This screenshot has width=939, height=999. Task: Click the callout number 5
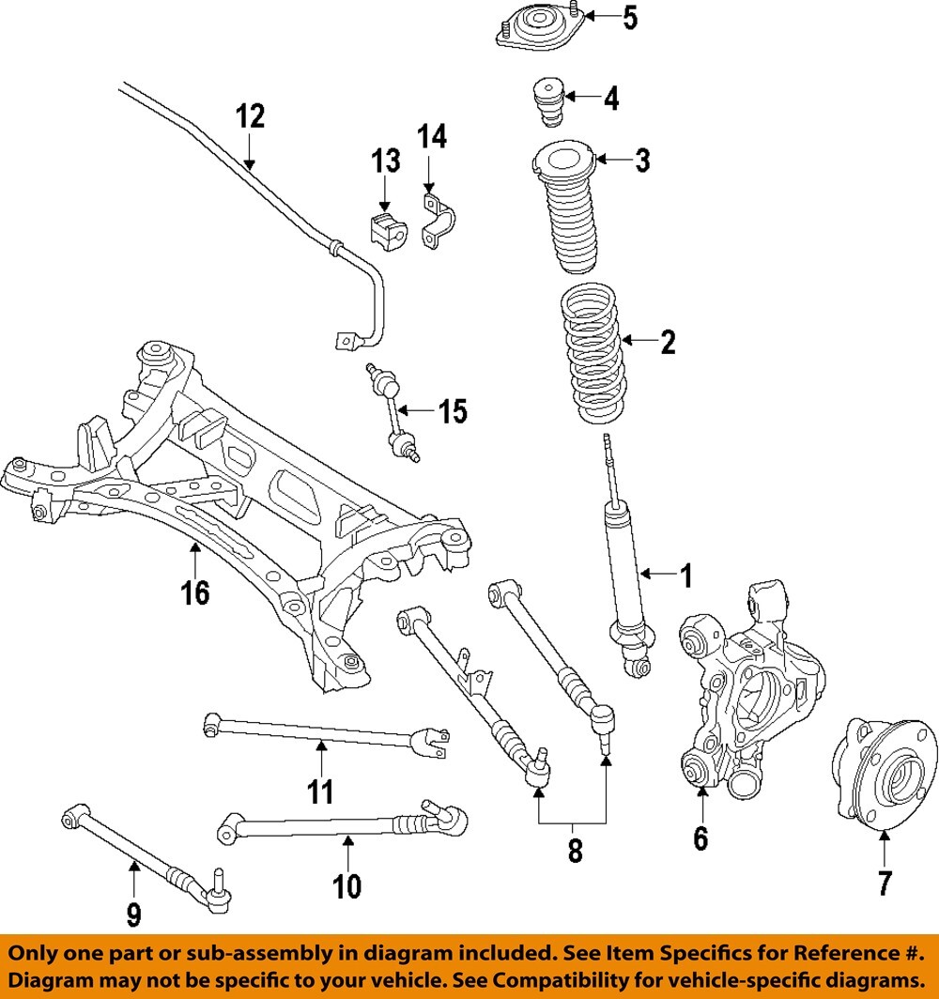tap(629, 17)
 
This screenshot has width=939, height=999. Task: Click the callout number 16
tap(196, 592)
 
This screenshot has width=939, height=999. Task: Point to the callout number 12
tap(250, 116)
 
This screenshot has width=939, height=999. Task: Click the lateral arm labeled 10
tap(338, 827)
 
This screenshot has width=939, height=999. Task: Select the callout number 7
tap(885, 883)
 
